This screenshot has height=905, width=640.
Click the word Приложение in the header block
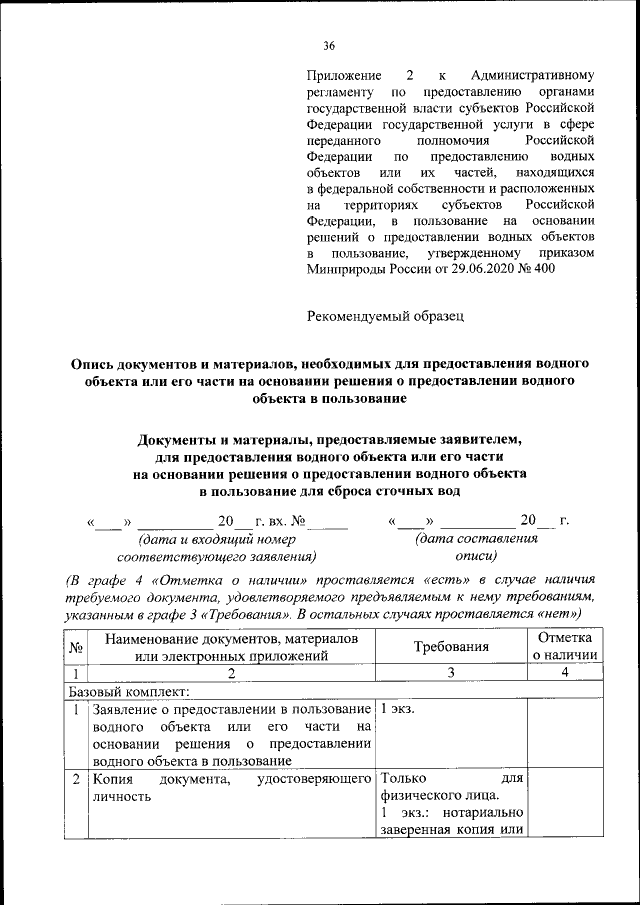344,76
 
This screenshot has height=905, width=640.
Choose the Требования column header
451,647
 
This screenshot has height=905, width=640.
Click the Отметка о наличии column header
564,647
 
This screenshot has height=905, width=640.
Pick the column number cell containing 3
451,673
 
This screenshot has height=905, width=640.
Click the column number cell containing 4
564,673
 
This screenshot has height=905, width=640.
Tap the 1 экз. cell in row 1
399,709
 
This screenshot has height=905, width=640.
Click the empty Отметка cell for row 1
564,735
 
